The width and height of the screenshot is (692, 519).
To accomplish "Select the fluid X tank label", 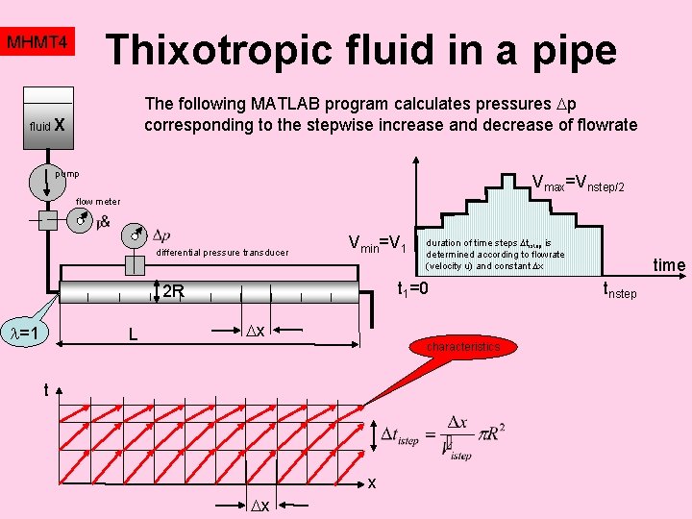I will [47, 125].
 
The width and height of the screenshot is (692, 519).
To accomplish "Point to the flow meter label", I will [98, 202].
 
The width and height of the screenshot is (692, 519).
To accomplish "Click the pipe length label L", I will [134, 335].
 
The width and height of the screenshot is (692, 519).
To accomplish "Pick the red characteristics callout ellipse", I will [463, 346].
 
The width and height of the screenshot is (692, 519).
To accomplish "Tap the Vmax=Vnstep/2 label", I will [578, 182].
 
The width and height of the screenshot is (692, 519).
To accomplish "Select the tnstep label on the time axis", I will [620, 289].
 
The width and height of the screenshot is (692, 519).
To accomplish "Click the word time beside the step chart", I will [669, 265].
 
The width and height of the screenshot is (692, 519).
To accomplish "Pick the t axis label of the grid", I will [44, 389].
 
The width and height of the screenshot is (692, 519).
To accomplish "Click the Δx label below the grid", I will [259, 506].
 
